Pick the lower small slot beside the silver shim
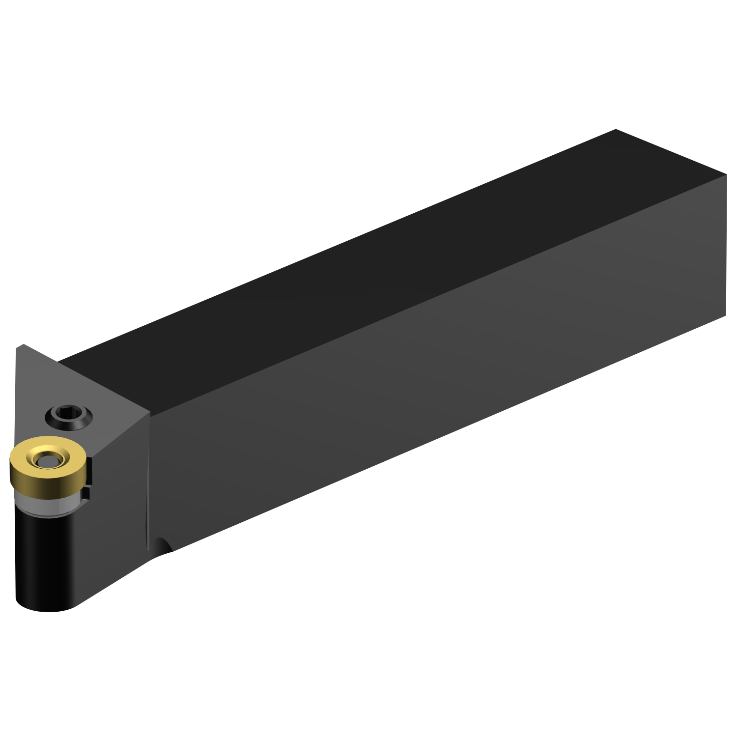tap(86, 493)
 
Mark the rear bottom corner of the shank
tap(725, 315)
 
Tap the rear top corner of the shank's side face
tap(725, 175)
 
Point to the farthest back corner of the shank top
tap(616, 130)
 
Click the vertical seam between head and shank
tap(148, 482)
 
